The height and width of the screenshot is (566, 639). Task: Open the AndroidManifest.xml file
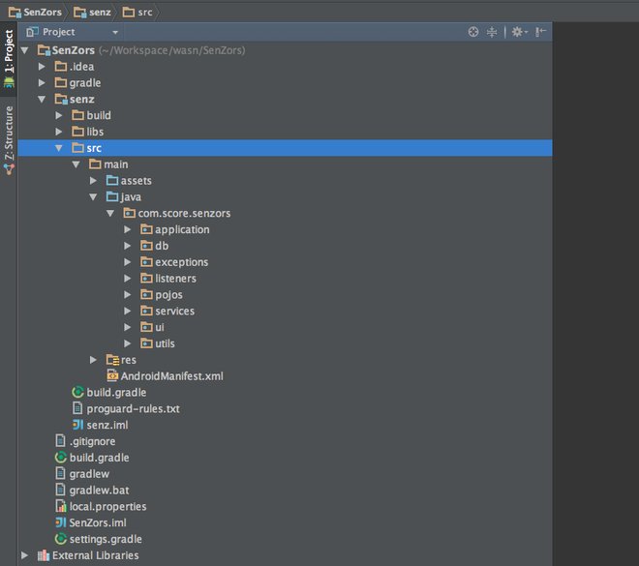click(171, 375)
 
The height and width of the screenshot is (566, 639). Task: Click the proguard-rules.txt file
click(133, 408)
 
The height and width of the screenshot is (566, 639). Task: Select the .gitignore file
click(92, 441)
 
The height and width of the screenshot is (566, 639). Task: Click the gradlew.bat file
click(99, 490)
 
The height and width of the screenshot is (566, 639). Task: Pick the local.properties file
click(107, 506)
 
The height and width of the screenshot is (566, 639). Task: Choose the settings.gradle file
click(106, 539)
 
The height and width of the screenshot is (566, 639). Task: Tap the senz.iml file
click(107, 425)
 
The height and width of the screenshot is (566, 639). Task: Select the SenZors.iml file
click(98, 522)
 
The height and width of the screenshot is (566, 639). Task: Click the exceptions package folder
click(181, 262)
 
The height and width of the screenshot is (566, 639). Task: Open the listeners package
click(175, 278)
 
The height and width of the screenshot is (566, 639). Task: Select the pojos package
click(168, 294)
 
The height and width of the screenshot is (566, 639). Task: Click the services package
click(174, 311)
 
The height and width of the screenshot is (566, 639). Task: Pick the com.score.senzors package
click(184, 213)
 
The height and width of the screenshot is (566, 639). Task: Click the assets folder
click(136, 180)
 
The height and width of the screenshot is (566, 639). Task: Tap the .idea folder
click(81, 67)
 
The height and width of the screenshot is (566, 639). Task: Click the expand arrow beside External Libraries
click(24, 555)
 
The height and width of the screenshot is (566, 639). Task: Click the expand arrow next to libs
click(59, 132)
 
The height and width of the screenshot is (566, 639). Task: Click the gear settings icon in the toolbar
click(518, 32)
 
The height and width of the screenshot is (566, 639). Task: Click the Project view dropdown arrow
click(115, 32)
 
